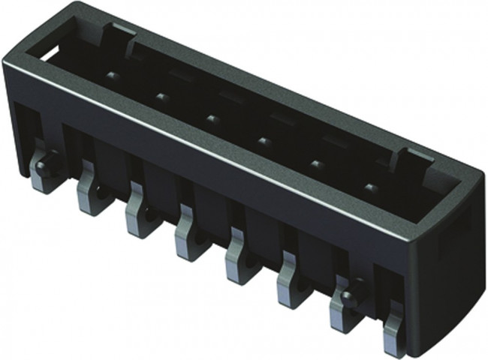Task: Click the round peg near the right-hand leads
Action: (x=346, y=295)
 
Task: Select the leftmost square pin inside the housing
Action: (x=112, y=76)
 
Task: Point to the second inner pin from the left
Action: (x=161, y=96)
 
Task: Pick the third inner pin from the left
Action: (x=212, y=118)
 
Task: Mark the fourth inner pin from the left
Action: (x=264, y=139)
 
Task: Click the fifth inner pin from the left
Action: (x=316, y=163)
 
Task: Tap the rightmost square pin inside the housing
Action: (x=369, y=186)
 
